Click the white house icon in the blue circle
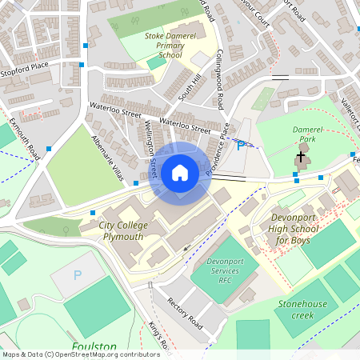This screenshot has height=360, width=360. pos(180,173)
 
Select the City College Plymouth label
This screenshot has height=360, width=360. pos(123,231)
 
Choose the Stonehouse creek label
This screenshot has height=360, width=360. pos(302,310)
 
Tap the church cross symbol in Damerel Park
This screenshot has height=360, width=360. pos(301,156)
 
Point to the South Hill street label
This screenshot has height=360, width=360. pos(186,86)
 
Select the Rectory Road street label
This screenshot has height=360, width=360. pos(186,311)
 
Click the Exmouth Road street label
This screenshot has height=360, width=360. pos(23,138)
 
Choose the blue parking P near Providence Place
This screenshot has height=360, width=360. pos(241,145)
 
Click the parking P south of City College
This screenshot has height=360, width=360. pos(78,274)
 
